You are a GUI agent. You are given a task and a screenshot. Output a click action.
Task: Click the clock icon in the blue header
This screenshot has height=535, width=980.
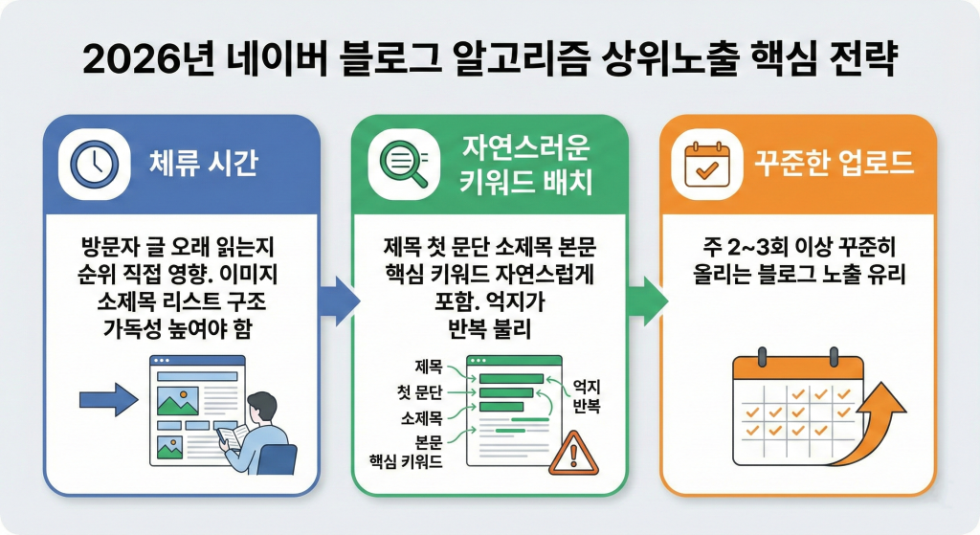[94, 164]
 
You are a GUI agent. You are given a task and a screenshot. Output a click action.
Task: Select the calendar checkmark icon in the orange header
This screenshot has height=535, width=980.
[707, 164]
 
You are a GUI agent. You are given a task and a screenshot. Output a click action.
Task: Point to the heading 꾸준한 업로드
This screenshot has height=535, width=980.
[833, 164]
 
